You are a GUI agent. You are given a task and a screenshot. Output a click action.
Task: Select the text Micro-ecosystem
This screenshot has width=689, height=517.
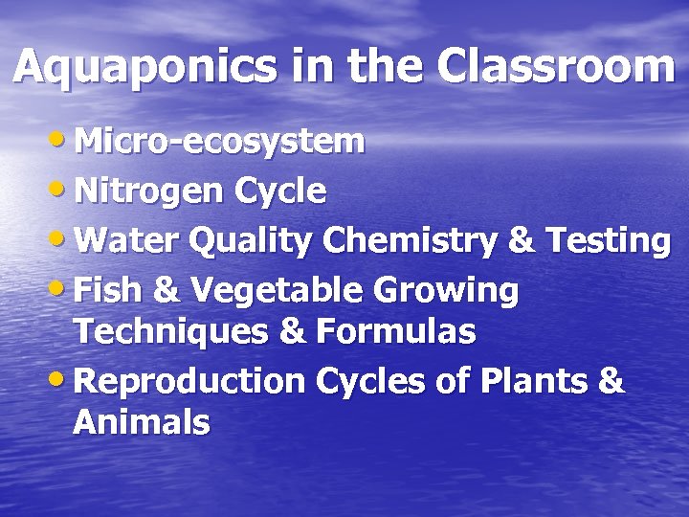[219, 142]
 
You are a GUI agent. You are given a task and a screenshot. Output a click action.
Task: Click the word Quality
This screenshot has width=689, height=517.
[251, 243]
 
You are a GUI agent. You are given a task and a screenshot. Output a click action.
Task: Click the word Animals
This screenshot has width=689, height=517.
[141, 421]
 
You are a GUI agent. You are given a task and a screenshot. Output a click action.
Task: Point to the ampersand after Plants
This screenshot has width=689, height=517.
[609, 380]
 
